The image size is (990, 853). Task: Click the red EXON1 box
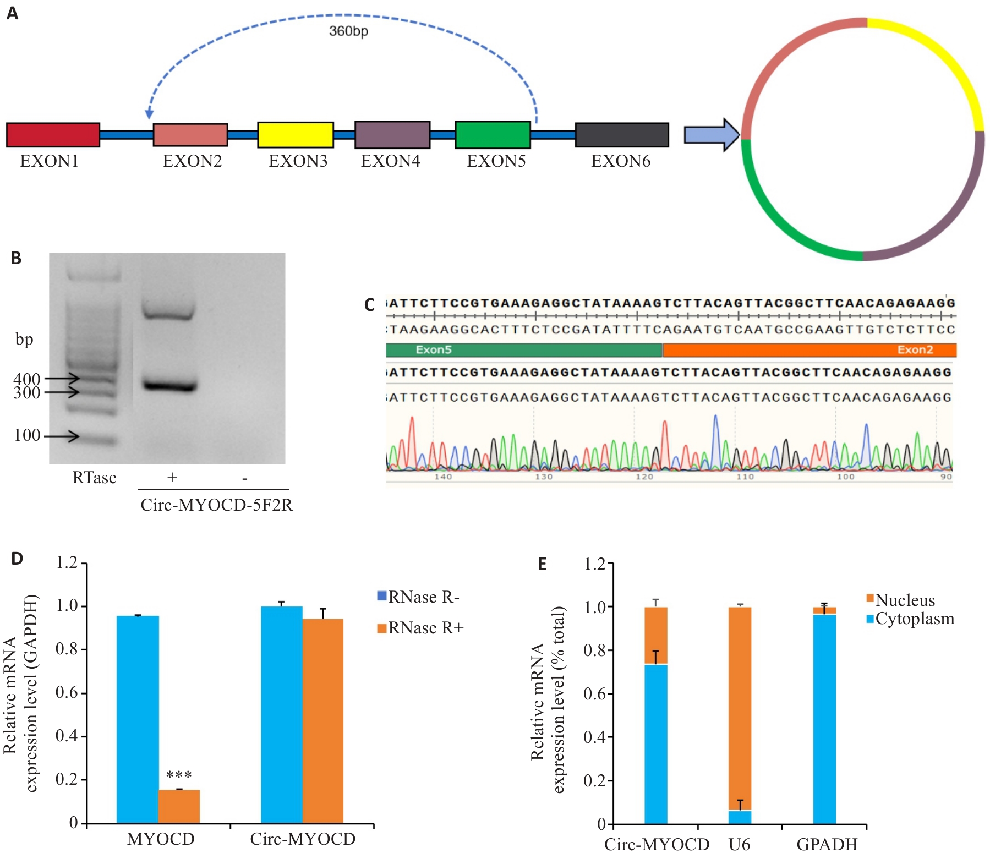53,135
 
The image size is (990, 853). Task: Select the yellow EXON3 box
296,135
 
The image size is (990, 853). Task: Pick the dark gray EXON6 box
622,135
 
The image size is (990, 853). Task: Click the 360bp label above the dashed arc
349,31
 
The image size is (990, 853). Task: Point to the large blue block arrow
712,135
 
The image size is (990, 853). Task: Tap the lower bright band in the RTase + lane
169,386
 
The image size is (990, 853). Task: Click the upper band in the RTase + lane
168,312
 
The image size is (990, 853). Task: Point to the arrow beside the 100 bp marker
62,436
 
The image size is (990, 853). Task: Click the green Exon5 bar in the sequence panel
524,350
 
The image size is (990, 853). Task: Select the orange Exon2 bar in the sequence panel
810,350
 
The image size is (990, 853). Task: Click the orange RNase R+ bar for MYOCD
179,806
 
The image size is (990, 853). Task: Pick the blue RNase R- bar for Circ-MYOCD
282,715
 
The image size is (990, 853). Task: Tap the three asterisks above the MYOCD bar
179,775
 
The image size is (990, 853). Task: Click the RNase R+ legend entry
420,628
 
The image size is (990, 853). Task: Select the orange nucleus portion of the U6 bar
740,709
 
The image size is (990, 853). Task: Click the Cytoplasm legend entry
910,619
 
